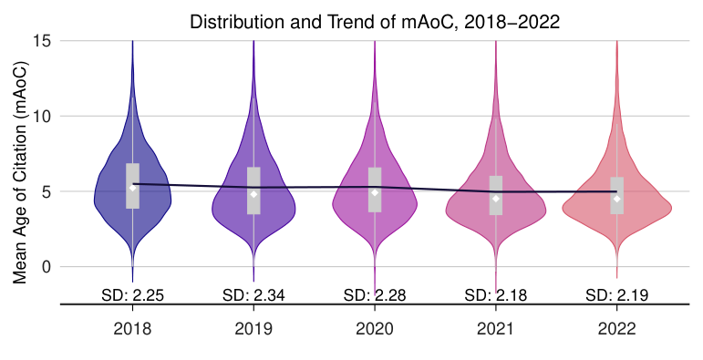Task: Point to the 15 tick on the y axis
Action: coord(42,41)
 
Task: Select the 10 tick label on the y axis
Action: coord(42,117)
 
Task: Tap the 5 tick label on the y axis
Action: coord(46,192)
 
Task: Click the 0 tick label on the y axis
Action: coord(46,267)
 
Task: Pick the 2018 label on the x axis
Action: coord(132,328)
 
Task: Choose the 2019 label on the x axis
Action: coord(253,328)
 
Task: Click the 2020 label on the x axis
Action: coord(375,328)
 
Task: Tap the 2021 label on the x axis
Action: coord(495,328)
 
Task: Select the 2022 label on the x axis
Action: coord(616,328)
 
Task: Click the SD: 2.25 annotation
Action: coord(132,294)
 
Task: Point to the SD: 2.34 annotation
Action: coord(253,294)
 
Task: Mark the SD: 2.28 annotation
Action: coord(375,294)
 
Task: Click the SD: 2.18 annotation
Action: coord(495,294)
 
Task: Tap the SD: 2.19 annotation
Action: coord(616,294)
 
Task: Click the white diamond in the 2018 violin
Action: coord(132,188)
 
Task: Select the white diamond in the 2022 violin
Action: coord(616,199)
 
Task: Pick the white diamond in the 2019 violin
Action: coord(253,194)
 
